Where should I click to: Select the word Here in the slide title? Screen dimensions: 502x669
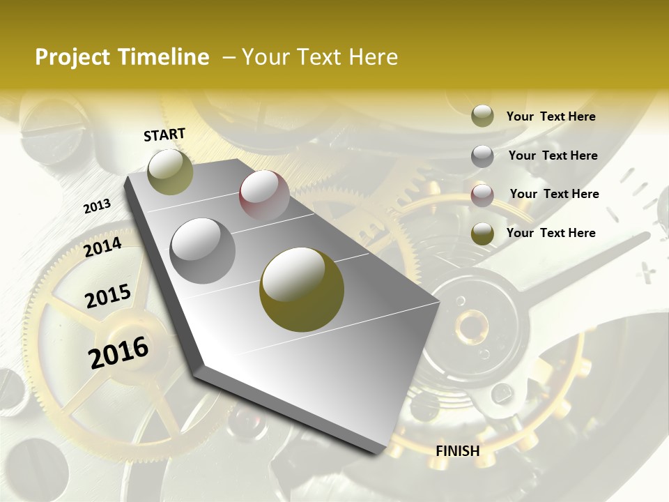373,57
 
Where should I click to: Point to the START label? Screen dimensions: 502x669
164,135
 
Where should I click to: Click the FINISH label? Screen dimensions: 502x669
458,451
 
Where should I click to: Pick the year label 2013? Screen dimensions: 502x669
97,206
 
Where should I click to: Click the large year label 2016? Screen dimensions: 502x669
118,352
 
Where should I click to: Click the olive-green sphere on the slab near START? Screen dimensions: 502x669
170,172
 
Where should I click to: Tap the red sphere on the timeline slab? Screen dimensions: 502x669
264,195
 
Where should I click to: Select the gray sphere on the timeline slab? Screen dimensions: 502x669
203,251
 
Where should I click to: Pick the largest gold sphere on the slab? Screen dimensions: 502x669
302,289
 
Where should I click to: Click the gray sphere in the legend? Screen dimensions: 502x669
482,156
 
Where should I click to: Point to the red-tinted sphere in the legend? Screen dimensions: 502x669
482,195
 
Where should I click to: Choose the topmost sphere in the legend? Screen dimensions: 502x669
482,116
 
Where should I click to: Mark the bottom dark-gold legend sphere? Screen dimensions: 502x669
482,234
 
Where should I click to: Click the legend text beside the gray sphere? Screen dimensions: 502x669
553,155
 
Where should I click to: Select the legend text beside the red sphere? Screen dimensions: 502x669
555,194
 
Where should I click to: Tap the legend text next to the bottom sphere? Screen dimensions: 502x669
551,233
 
